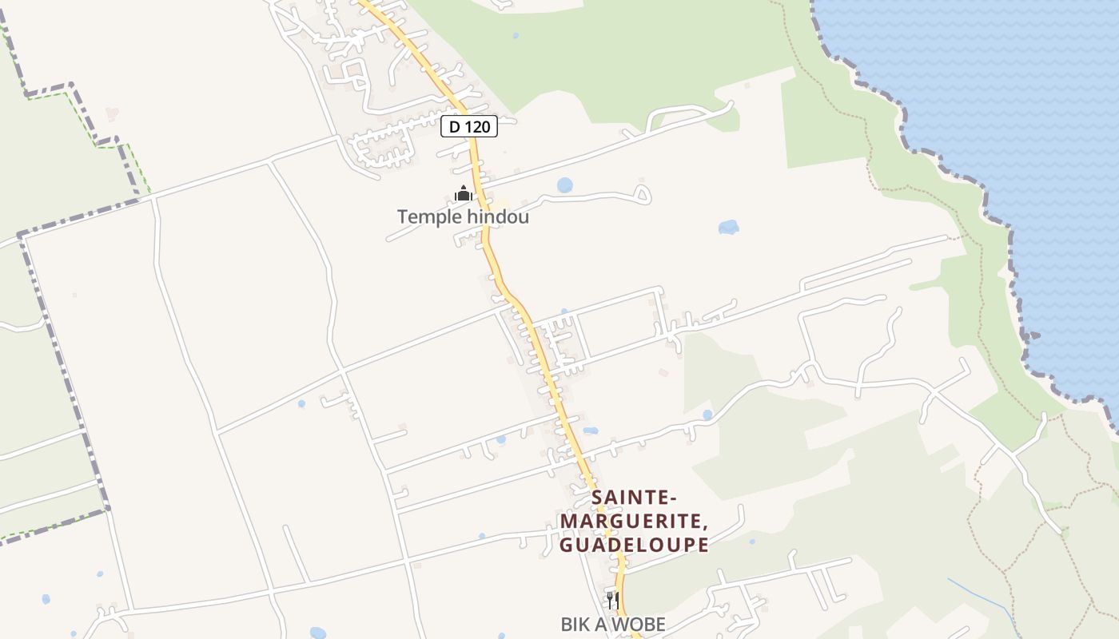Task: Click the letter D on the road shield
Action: [x=455, y=126]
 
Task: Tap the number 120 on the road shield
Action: [x=477, y=126]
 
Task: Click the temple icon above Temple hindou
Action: [x=463, y=193]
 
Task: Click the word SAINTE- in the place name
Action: [x=635, y=498]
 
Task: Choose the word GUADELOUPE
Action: [x=633, y=545]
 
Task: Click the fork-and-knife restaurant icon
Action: [x=612, y=600]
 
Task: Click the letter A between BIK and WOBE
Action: [x=604, y=625]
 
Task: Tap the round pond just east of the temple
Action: [x=565, y=185]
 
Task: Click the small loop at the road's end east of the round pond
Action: [x=641, y=193]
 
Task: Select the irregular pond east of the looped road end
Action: [x=728, y=228]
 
